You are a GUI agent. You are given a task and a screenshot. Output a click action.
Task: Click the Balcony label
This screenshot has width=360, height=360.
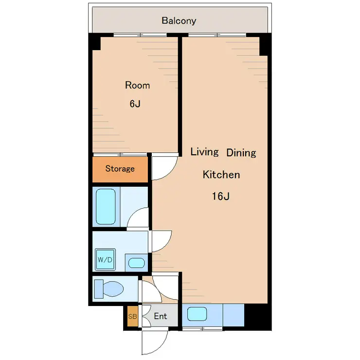click(x=179, y=20)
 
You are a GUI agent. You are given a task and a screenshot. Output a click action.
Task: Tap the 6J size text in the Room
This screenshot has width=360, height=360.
click(x=135, y=104)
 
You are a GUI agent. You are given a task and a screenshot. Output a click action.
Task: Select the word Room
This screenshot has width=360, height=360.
click(x=137, y=86)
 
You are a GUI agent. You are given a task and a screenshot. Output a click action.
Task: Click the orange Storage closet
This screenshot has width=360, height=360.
click(x=120, y=169)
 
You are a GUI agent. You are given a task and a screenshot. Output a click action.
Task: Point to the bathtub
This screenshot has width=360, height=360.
click(x=106, y=206)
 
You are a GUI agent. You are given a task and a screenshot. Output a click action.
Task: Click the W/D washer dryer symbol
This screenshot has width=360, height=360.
click(x=105, y=259)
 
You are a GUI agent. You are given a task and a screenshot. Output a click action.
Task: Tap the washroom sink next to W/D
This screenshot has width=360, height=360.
click(x=136, y=263)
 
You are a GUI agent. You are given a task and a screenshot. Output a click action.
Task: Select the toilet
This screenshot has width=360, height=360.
click(x=109, y=289)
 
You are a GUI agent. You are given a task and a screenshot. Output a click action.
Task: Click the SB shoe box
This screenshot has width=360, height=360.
click(x=133, y=316)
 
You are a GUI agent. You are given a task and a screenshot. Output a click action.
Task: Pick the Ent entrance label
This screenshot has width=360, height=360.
click(x=160, y=316)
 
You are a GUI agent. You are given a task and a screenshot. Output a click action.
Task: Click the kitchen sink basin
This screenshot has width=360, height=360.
click(x=197, y=314)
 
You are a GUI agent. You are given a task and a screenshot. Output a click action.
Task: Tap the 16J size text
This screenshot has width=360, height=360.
click(x=221, y=197)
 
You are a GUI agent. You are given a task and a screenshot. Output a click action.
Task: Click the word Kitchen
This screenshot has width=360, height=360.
click(x=221, y=175)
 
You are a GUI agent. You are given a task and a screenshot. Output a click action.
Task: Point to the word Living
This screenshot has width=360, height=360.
click(x=204, y=152)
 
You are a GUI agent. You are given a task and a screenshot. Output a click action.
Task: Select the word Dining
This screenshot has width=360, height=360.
click(x=241, y=153)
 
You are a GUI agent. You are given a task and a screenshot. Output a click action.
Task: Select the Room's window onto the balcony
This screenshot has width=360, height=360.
click(x=140, y=35)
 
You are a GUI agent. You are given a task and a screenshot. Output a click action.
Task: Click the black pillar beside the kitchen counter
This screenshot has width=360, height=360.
click(x=258, y=317)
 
